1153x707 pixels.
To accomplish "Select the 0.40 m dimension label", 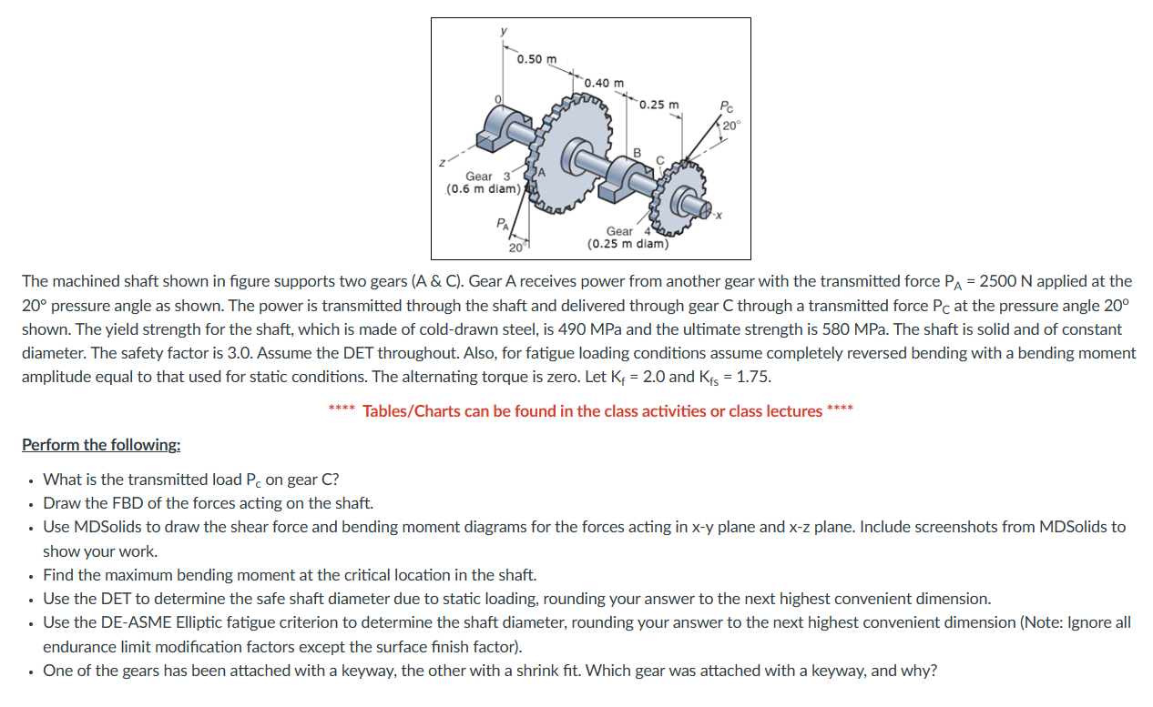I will coord(604,83).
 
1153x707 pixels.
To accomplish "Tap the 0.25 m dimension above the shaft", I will coord(658,105).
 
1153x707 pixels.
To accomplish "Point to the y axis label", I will coord(503,29).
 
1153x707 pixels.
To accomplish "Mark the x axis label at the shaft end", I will coord(719,216).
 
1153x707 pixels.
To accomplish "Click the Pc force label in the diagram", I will coord(725,106).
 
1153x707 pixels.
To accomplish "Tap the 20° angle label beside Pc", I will coord(732,125).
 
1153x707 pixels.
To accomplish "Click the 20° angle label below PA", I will coord(515,247).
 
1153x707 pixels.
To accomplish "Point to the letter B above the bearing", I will coord(637,151).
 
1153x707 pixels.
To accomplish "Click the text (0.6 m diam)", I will coord(482,189).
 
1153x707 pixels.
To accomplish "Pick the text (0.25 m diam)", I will coord(628,244).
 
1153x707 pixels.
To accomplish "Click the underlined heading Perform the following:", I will coord(101,445).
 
